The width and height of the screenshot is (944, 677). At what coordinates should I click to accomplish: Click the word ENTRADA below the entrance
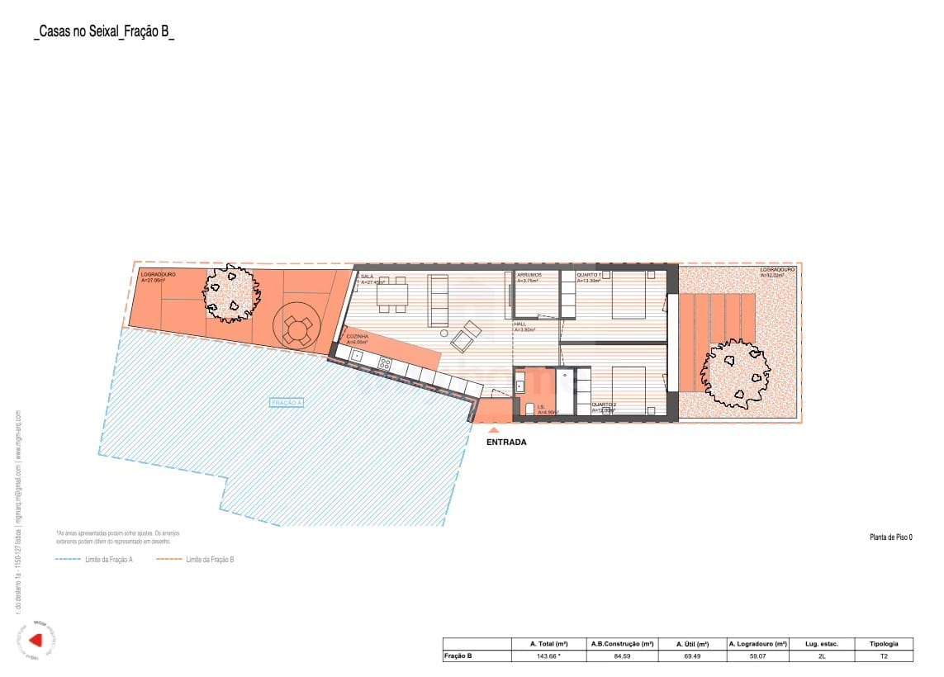[506, 443]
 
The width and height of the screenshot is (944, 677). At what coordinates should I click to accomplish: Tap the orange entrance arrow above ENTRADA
[493, 429]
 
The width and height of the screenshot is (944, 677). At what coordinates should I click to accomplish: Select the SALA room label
[368, 277]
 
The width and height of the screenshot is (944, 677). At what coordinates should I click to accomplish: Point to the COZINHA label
[357, 337]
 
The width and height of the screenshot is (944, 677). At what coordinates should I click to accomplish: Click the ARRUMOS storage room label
[529, 274]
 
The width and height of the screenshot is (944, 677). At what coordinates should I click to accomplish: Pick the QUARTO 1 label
[589, 274]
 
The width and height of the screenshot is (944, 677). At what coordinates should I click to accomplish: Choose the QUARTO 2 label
[603, 405]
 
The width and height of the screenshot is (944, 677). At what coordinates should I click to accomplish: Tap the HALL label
[520, 324]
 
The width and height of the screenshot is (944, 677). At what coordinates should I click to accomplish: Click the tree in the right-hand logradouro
[734, 373]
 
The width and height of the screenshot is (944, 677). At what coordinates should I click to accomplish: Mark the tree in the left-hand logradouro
[231, 292]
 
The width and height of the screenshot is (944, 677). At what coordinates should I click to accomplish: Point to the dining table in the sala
[392, 296]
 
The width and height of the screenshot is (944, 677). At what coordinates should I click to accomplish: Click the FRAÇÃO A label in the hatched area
[287, 403]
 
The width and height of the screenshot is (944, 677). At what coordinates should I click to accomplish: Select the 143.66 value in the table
[549, 656]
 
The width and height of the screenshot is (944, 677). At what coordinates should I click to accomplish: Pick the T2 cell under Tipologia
[883, 656]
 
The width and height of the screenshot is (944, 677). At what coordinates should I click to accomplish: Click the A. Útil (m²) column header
[691, 644]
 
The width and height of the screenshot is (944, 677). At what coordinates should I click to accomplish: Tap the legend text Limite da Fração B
[210, 560]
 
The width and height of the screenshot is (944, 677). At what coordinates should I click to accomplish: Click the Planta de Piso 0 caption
[890, 537]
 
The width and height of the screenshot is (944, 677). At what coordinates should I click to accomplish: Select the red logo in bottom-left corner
[36, 639]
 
